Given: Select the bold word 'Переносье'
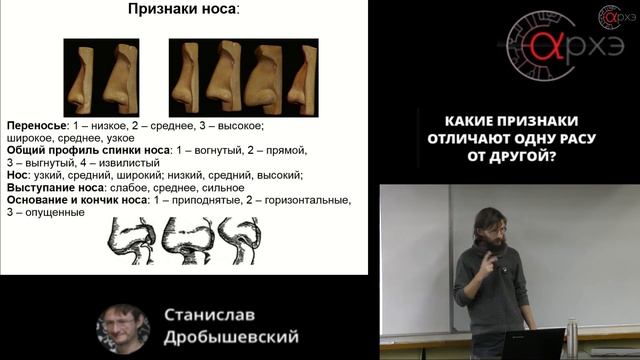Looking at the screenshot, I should [36, 126].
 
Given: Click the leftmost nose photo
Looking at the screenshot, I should [78, 76].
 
